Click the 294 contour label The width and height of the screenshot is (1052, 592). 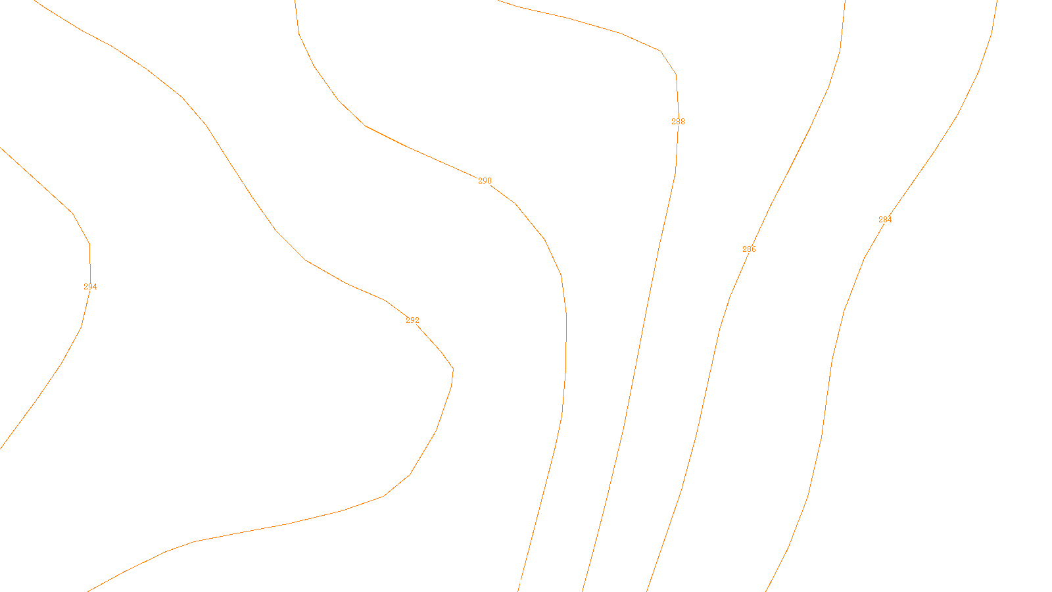click(90, 287)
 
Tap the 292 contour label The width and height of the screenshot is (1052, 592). click(412, 320)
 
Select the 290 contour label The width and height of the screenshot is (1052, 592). click(485, 181)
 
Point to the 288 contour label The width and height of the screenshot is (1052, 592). click(678, 122)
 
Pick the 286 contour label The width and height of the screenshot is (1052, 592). click(749, 249)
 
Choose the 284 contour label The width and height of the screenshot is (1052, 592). click(885, 220)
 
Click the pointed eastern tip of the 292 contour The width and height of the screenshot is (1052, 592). click(453, 369)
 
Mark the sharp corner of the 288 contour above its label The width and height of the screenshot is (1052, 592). click(676, 74)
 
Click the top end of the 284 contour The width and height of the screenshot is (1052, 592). click(997, 2)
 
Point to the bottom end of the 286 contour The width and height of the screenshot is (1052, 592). click(648, 589)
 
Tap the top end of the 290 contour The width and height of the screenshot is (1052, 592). click(295, 2)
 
